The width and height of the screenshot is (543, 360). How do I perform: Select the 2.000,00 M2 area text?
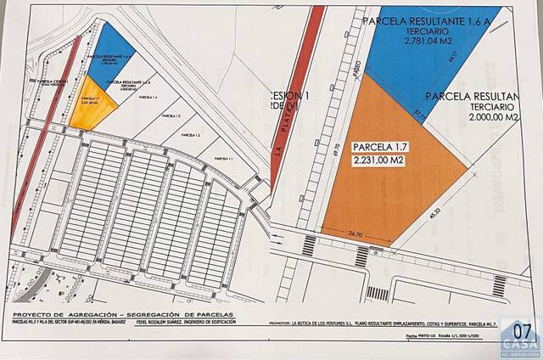click(x=482, y=120)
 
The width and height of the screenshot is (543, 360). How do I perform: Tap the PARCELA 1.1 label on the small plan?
click(x=222, y=159)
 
